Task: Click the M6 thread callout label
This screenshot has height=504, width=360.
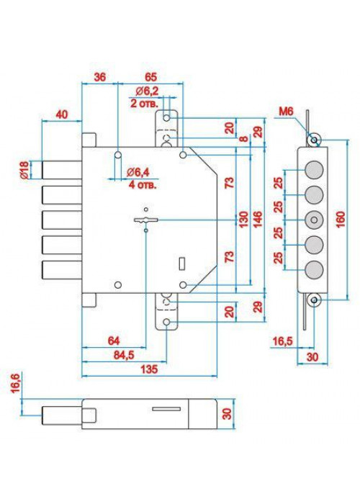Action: [x=286, y=112]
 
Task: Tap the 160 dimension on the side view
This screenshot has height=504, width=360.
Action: [x=340, y=220]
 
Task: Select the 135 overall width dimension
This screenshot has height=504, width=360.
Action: [x=149, y=369]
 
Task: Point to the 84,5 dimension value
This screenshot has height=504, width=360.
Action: [x=124, y=355]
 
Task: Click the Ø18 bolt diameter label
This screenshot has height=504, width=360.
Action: [x=24, y=170]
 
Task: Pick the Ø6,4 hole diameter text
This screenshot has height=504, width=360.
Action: [x=138, y=172]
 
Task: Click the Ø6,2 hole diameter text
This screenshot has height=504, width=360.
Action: [x=147, y=91]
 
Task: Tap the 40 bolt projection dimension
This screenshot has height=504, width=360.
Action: [x=62, y=114]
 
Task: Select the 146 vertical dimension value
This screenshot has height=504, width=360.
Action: [x=258, y=219]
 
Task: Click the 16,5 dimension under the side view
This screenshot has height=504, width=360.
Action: [x=283, y=341]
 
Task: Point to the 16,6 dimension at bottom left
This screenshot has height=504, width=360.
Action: [x=15, y=383]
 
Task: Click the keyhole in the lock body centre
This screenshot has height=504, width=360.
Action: [x=146, y=220]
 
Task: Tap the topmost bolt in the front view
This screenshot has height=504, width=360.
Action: [x=61, y=170]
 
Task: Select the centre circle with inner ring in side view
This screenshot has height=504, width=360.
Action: [x=314, y=220]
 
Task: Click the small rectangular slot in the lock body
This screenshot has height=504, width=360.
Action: [x=181, y=264]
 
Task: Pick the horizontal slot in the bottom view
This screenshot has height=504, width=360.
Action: [x=166, y=409]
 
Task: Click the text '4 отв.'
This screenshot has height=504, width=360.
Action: [x=143, y=185]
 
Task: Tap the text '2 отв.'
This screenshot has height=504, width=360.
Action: [x=144, y=104]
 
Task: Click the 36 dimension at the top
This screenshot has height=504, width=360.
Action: [x=100, y=77]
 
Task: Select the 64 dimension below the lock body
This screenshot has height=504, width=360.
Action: [x=114, y=341]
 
